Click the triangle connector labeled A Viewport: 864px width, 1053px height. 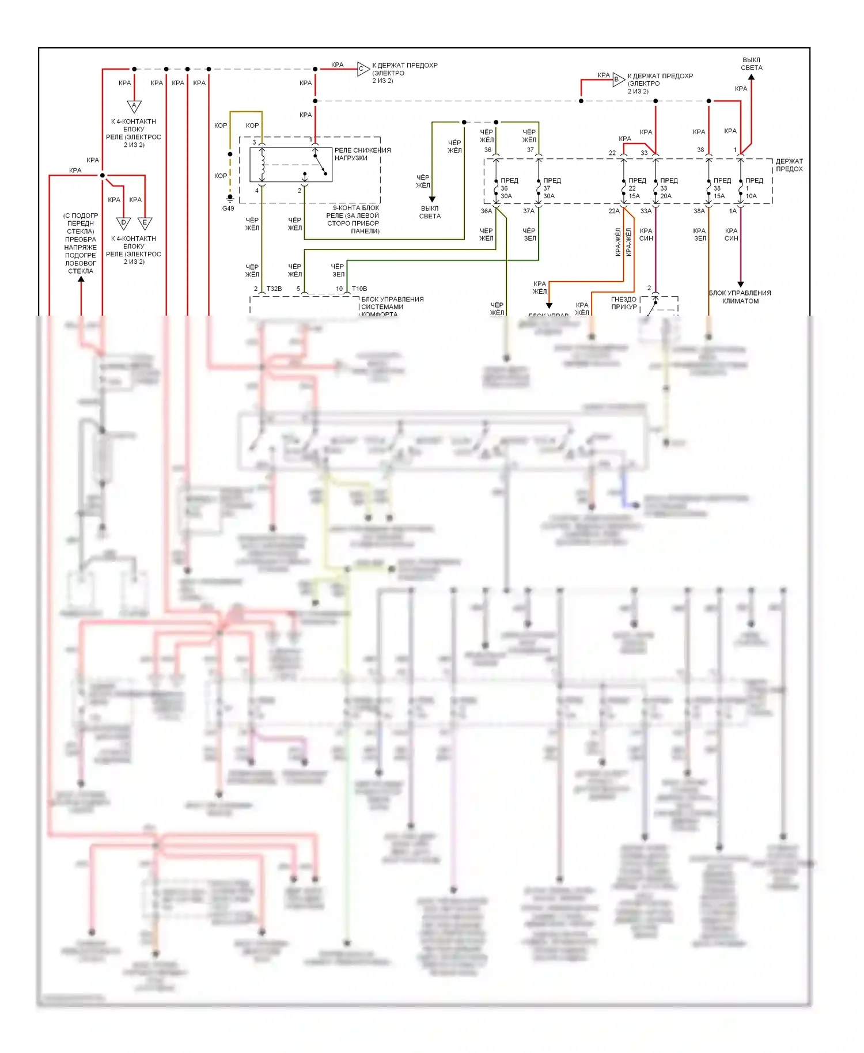tap(134, 106)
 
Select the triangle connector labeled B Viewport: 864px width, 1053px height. tap(617, 80)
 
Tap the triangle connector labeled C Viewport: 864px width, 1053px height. tap(362, 69)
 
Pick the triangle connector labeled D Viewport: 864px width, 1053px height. tap(123, 223)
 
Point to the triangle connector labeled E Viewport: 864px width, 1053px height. tap(145, 223)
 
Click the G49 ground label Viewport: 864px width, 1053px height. tap(229, 208)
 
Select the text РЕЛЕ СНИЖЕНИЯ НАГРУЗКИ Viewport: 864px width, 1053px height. tap(362, 154)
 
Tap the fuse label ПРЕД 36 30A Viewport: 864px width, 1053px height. tap(507, 188)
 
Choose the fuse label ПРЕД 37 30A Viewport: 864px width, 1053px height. tap(550, 188)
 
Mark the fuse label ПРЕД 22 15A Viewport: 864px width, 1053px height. tap(635, 188)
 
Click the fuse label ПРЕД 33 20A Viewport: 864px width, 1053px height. tap(667, 188)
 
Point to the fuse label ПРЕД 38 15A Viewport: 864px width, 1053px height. tap(721, 188)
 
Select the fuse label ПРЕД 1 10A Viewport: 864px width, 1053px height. tap(752, 188)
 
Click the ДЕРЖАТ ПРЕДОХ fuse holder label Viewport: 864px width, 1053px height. tap(789, 165)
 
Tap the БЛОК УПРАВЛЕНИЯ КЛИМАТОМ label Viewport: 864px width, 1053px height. tap(740, 297)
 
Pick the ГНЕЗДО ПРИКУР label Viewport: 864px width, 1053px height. tap(624, 303)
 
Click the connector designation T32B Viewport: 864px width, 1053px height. tap(274, 289)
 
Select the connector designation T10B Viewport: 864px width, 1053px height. tap(359, 289)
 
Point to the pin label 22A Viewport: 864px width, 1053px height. tap(614, 211)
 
